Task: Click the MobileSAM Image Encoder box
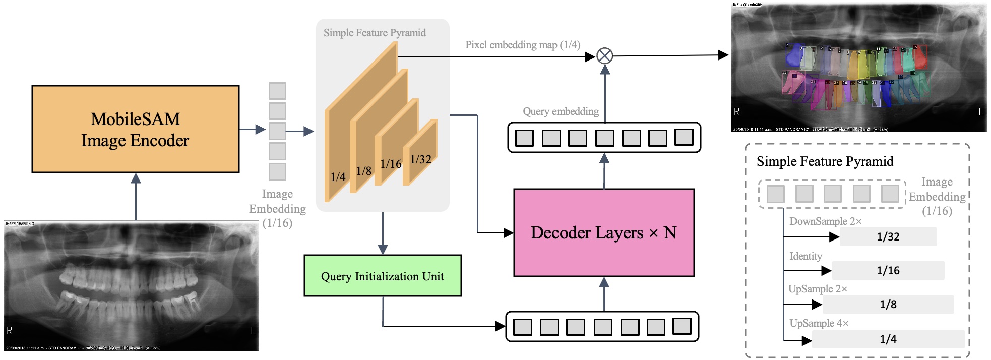click(135, 129)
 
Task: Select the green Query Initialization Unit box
click(383, 276)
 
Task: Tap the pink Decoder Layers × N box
click(604, 232)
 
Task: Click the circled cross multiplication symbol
click(605, 55)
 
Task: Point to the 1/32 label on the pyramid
click(421, 159)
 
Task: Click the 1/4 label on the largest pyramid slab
click(338, 177)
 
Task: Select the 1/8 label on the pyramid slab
click(363, 171)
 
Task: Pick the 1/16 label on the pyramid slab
click(391, 164)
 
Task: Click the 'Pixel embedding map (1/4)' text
click(523, 45)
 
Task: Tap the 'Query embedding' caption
click(561, 111)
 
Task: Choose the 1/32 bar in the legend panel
click(888, 236)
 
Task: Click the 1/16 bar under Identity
click(888, 270)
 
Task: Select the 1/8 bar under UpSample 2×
click(888, 304)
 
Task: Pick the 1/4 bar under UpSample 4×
click(888, 339)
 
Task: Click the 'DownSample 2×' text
click(825, 221)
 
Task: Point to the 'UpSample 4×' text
click(819, 323)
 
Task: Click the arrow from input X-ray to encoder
click(136, 197)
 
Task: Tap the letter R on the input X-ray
click(9, 331)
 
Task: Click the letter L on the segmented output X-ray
click(981, 112)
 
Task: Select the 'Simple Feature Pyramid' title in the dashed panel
click(825, 161)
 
